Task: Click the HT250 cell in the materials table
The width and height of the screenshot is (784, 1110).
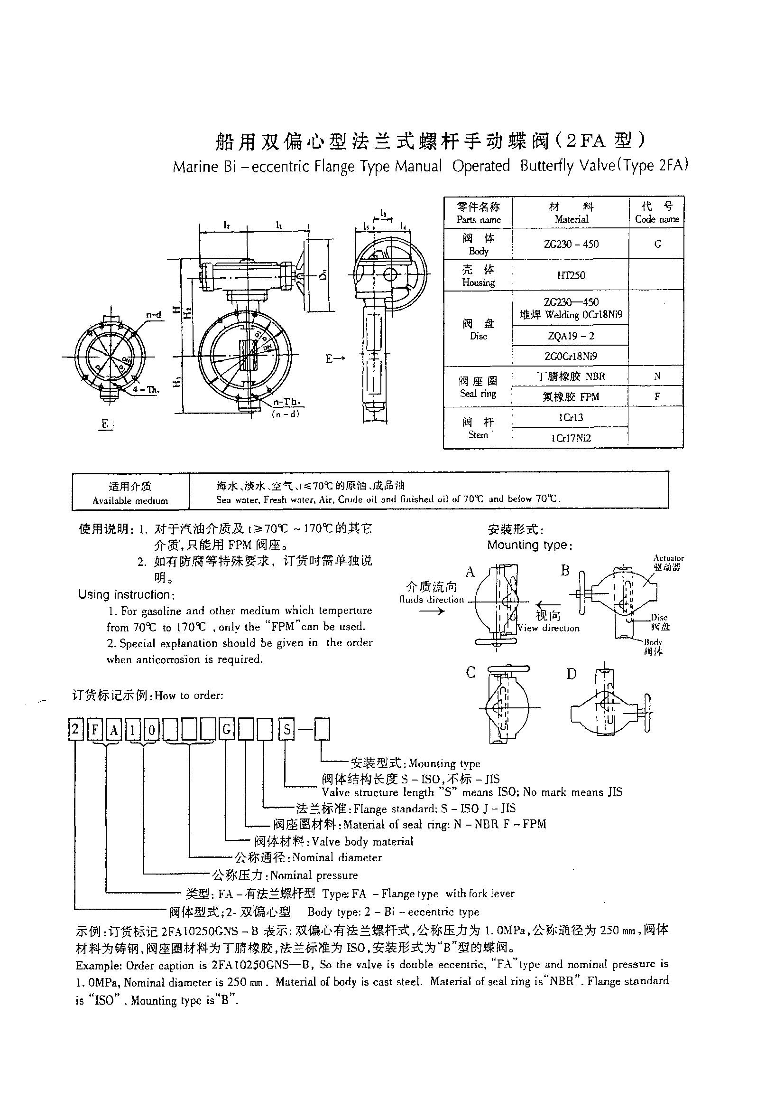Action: pos(571,275)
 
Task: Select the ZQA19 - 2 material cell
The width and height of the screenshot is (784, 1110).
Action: pos(571,336)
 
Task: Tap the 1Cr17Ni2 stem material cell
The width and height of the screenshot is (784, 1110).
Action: pos(571,438)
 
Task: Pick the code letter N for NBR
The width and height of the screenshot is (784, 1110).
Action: pos(657,376)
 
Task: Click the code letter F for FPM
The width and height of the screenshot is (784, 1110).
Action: pos(657,396)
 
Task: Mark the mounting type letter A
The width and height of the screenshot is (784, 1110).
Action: pos(470,573)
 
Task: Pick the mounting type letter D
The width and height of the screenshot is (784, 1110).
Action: pos(572,674)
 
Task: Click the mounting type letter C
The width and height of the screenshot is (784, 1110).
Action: pos(470,672)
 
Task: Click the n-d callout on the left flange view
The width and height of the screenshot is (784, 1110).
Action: pos(154,315)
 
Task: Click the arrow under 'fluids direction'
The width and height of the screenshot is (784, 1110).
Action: pos(432,611)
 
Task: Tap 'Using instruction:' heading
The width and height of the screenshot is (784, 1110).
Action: pos(125,594)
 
